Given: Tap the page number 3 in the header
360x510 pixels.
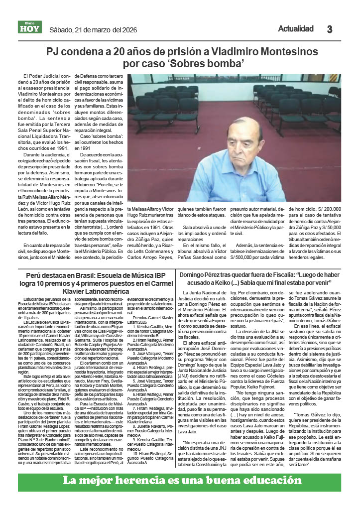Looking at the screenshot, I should point(330,29).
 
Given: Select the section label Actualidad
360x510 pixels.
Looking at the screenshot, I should point(296,28).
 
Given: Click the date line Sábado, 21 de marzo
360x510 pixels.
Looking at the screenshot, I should point(85,29).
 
